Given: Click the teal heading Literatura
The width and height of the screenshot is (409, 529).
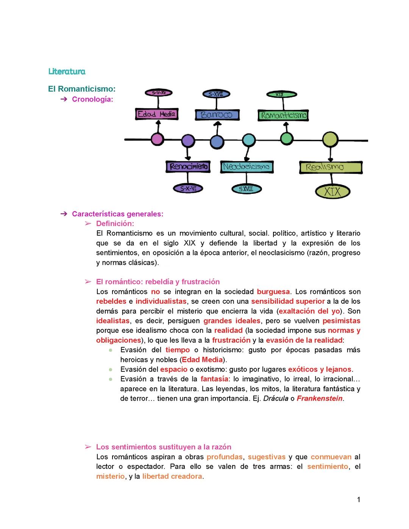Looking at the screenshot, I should (x=67, y=72).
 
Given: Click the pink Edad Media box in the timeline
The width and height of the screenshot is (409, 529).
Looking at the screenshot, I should (x=156, y=114).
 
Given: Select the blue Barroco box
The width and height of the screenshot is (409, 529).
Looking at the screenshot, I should (x=217, y=115).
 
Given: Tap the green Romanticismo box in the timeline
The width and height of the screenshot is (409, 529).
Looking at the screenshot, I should (x=283, y=115).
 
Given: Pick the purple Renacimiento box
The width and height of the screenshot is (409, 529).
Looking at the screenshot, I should (x=188, y=167).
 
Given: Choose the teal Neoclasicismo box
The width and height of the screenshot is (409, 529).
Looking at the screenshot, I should (x=247, y=167).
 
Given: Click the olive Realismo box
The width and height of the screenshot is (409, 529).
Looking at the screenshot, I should (x=331, y=167).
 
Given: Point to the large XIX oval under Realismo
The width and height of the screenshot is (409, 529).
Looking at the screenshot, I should (x=332, y=192).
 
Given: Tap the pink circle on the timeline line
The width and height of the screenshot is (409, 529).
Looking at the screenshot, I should (x=157, y=139).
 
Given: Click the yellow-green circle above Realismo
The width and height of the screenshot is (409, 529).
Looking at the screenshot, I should (x=330, y=139).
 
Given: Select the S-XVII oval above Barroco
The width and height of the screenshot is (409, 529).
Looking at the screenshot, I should (x=216, y=94).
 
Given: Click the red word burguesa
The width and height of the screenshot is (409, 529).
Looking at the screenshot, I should (x=273, y=292).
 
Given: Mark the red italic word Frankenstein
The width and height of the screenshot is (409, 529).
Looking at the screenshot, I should (x=320, y=398).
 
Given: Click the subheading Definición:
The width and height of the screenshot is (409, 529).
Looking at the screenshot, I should (x=115, y=223).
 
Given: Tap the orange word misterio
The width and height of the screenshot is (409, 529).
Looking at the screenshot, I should (x=110, y=476).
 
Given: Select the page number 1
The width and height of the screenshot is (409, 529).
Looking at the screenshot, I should (x=358, y=500).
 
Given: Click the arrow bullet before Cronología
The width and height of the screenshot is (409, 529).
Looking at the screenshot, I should (x=64, y=99).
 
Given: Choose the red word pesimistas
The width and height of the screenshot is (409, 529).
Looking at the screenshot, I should (x=341, y=321).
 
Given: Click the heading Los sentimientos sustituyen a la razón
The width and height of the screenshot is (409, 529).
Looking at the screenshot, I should (x=163, y=447).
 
